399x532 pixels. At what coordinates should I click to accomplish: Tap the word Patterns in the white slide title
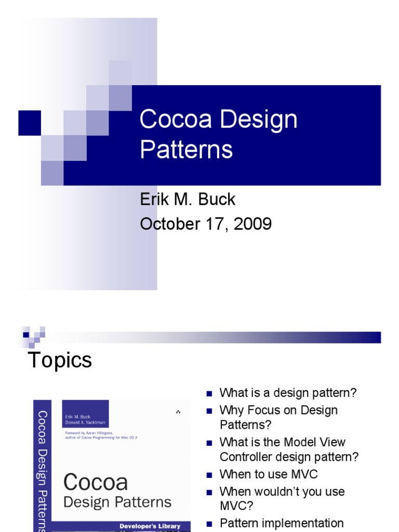pos(186,150)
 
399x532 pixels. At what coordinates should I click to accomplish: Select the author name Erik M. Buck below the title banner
pos(188,199)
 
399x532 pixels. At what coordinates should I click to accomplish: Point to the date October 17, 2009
pos(206,224)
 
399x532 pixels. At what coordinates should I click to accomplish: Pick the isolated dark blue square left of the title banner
pos(30,123)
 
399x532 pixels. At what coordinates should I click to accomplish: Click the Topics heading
pos(59,360)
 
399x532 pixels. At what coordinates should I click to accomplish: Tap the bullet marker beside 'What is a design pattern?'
pos(209,393)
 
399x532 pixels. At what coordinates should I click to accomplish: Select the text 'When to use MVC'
pos(268,474)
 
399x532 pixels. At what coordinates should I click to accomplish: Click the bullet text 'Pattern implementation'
pos(282,523)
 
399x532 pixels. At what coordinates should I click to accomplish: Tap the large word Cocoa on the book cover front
pos(96,482)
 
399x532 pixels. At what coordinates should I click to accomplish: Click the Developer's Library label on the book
pos(150,526)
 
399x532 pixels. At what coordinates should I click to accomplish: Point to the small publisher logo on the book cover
pos(178,412)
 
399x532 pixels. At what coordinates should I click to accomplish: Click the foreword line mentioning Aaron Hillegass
pos(101,435)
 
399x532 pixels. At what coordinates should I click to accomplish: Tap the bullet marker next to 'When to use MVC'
pos(209,475)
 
